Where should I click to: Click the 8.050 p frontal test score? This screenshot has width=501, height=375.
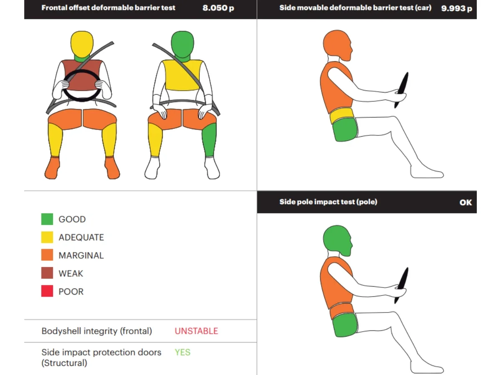pyautogui.click(x=218, y=8)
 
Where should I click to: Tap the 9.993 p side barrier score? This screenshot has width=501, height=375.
pyautogui.click(x=456, y=8)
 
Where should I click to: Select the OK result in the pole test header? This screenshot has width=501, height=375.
pyautogui.click(x=466, y=202)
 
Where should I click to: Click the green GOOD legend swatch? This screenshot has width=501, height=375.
pyautogui.click(x=47, y=219)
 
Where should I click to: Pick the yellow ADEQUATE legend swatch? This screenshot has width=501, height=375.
pyautogui.click(x=47, y=237)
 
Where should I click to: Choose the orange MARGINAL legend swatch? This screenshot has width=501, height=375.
pyautogui.click(x=47, y=255)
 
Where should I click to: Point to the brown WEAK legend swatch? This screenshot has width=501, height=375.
pyautogui.click(x=47, y=273)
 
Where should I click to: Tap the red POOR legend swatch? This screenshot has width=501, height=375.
pyautogui.click(x=47, y=291)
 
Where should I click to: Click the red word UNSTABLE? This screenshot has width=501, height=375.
pyautogui.click(x=196, y=331)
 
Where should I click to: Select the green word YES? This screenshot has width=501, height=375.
pyautogui.click(x=182, y=352)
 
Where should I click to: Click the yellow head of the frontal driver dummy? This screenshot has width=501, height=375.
pyautogui.click(x=82, y=44)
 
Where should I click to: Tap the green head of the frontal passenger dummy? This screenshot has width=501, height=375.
pyautogui.click(x=182, y=44)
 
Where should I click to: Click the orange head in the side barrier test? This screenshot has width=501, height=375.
pyautogui.click(x=337, y=45)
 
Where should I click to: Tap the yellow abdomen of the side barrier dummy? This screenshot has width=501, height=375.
pyautogui.click(x=342, y=115)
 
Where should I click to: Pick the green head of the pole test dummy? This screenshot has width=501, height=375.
pyautogui.click(x=337, y=240)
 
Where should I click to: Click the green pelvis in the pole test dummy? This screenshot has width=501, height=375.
pyautogui.click(x=345, y=325)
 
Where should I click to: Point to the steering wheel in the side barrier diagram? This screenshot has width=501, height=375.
pyautogui.click(x=402, y=90)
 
